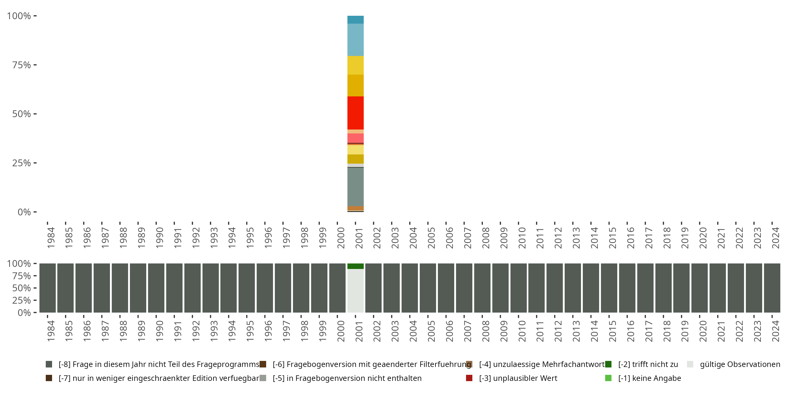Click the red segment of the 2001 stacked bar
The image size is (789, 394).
tap(355, 113)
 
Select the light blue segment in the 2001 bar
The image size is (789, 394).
tap(355, 40)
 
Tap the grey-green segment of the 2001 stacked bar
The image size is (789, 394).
tap(355, 186)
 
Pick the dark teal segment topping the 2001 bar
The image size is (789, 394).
tap(355, 20)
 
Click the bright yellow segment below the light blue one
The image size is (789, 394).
tap(355, 65)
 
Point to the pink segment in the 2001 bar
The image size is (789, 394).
tap(355, 138)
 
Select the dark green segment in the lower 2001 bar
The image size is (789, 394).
tap(355, 266)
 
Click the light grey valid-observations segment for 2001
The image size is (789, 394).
tap(355, 291)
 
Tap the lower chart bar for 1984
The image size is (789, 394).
tap(48, 288)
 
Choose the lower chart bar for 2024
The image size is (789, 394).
tap(772, 288)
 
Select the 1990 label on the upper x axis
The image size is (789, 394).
tap(160, 238)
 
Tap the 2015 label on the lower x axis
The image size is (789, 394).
tap(612, 331)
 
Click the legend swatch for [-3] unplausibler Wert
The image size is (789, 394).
tap(469, 378)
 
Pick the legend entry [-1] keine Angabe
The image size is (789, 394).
tap(649, 378)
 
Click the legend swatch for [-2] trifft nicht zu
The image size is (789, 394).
tap(608, 364)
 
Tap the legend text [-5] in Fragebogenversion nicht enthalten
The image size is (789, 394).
tap(347, 378)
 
